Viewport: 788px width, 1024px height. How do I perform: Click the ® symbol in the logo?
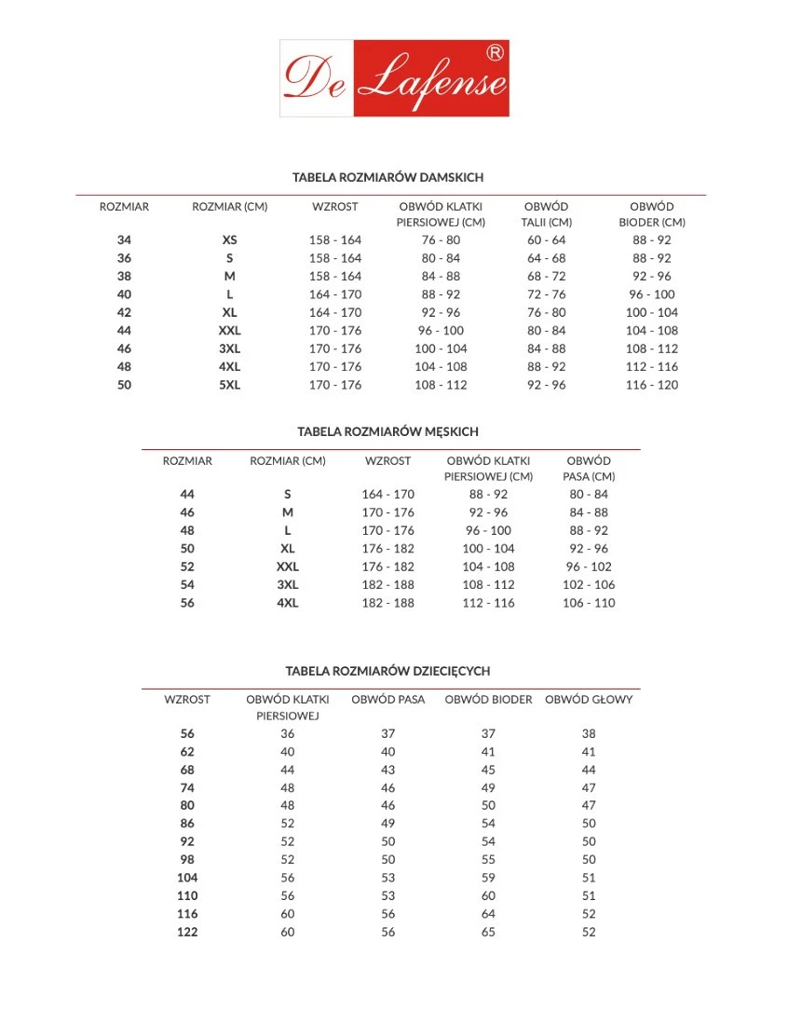496,53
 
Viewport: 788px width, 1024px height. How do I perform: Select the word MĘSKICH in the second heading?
449,432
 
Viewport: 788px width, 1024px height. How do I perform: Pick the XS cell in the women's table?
229,240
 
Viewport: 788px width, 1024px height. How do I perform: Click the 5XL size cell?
229,385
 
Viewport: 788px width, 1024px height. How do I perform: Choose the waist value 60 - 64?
546,240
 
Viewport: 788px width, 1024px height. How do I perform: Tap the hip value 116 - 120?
652,385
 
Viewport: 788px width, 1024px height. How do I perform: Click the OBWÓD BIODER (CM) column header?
652,214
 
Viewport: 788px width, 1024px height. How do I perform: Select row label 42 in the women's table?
124,313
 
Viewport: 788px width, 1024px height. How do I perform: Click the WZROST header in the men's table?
387,461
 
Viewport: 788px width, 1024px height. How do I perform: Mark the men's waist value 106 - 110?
588,603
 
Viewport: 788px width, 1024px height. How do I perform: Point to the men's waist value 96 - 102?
588,567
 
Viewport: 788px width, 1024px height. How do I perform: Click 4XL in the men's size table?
287,603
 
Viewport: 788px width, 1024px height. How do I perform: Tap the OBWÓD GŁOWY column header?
588,700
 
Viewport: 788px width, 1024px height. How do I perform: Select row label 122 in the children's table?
187,932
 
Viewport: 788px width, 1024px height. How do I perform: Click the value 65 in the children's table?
488,932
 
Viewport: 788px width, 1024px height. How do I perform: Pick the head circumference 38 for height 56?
588,734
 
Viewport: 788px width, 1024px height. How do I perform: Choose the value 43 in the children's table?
387,771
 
